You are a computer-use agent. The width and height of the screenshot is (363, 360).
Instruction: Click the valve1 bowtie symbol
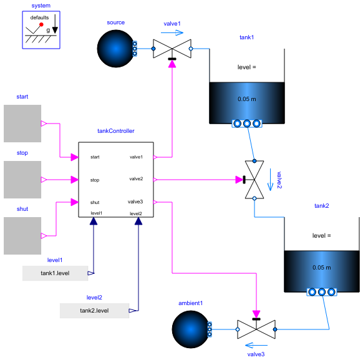coord(172,48)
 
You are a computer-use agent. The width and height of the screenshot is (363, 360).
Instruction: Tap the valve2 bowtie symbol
coord(254,180)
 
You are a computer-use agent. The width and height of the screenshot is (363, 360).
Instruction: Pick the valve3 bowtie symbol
coord(256,328)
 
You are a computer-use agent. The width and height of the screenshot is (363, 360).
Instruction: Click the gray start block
coord(22,124)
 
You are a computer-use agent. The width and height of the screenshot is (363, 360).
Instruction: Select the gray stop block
coord(22,180)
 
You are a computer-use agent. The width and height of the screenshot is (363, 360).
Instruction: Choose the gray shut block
coord(22,235)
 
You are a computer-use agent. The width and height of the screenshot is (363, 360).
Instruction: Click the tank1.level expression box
coord(56,273)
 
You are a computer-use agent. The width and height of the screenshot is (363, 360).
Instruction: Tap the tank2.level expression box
coord(95,310)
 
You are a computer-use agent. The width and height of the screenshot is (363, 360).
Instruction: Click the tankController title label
coord(116,131)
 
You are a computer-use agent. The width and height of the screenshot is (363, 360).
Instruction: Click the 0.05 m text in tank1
coord(247,99)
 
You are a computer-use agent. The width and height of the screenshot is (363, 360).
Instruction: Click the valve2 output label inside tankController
coord(136,179)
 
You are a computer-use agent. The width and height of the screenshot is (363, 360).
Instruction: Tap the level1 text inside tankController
coord(97,213)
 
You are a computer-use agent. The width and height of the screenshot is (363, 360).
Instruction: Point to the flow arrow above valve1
coord(172,34)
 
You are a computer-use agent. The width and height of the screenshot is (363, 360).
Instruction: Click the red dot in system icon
coord(41,25)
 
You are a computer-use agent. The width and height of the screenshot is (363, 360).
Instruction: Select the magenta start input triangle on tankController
coord(74,157)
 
